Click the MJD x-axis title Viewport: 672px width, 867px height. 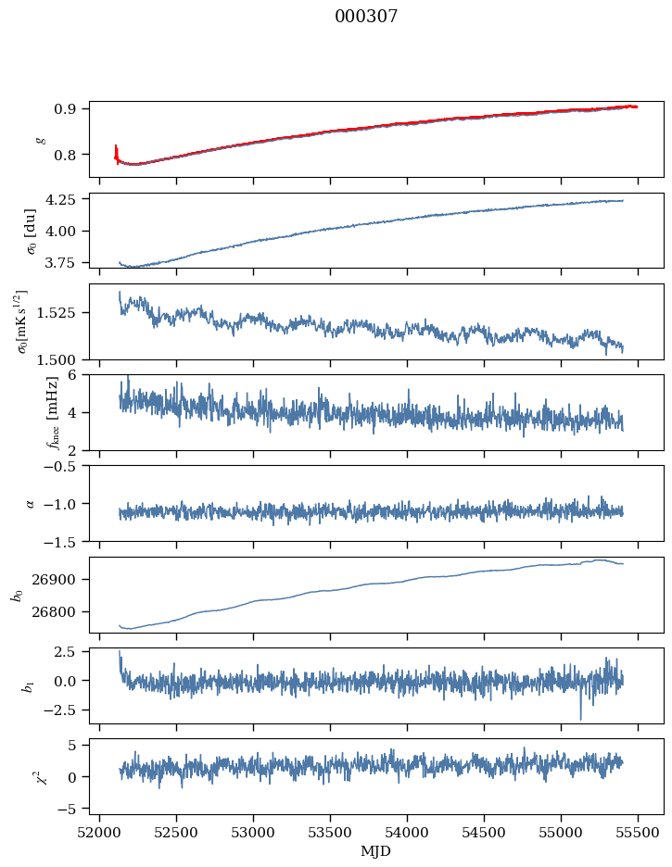point(375,851)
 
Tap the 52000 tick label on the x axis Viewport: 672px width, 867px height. point(100,834)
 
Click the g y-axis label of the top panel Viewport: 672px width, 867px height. point(40,139)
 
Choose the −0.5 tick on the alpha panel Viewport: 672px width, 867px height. point(65,466)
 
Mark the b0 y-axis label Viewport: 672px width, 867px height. point(17,594)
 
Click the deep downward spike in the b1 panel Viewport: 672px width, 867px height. point(581,717)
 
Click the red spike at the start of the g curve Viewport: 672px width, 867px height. point(116,149)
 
